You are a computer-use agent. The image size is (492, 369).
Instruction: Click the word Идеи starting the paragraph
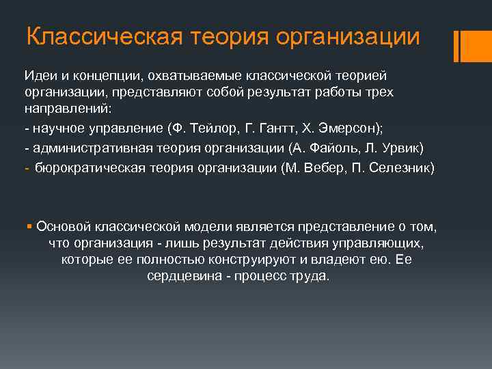(40, 74)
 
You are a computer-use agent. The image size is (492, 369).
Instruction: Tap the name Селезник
(400, 168)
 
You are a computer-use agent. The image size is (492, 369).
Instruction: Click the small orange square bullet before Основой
(30, 226)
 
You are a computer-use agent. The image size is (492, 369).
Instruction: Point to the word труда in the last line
(311, 277)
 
